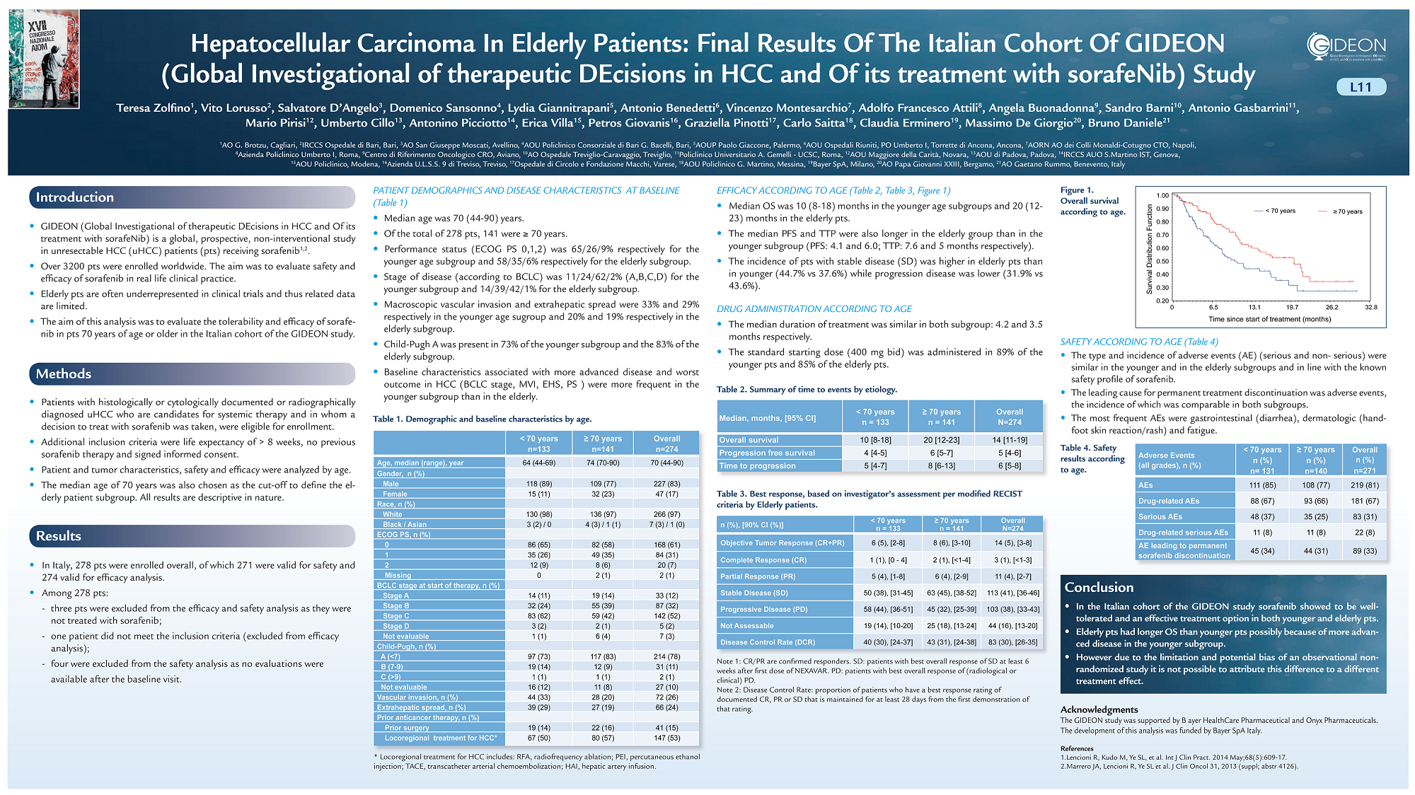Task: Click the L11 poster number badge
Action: coord(1361,87)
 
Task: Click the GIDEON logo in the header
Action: coord(1346,47)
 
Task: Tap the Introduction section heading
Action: coord(75,197)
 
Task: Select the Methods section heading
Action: coord(64,374)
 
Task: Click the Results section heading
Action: coord(59,536)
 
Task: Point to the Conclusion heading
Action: coord(1099,587)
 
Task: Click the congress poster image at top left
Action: coord(44,59)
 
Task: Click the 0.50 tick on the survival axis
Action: coord(1162,262)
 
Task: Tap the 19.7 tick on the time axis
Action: coord(1292,308)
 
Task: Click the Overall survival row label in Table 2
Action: coord(749,440)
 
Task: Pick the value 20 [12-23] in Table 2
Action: coord(942,440)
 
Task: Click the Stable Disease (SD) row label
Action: coord(753,593)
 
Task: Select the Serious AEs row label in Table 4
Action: coord(1160,517)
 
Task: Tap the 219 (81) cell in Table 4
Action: coord(1364,485)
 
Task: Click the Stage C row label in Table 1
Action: coord(395,616)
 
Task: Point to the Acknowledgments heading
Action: coord(1099,709)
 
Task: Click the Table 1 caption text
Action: coord(483,419)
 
